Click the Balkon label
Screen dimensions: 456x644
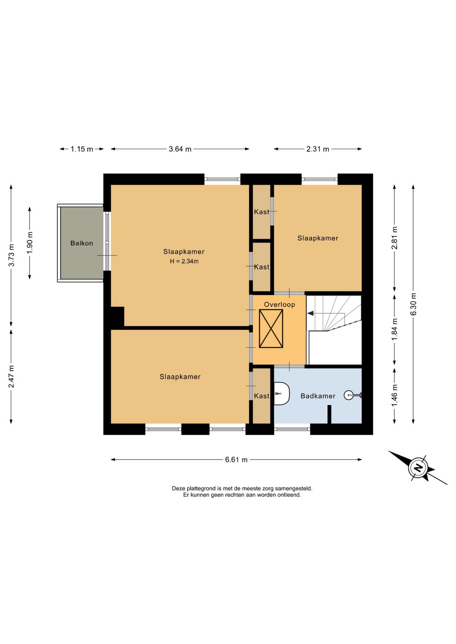click(82, 243)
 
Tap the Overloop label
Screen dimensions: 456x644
click(280, 304)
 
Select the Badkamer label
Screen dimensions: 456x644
click(318, 396)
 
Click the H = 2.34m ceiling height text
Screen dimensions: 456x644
click(184, 261)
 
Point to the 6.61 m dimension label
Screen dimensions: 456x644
click(236, 460)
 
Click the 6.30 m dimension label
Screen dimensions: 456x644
click(413, 304)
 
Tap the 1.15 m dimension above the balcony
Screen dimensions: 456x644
click(82, 149)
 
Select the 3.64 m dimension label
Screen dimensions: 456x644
click(180, 149)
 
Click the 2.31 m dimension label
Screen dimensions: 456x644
click(318, 149)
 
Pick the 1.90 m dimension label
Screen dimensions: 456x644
click(30, 243)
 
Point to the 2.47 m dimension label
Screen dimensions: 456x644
click(11, 376)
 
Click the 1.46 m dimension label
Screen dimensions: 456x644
click(394, 395)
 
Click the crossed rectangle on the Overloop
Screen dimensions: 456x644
click(271, 328)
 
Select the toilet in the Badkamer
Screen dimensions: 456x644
click(282, 393)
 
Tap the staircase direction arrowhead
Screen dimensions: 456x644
click(310, 314)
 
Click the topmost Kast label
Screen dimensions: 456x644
click(261, 212)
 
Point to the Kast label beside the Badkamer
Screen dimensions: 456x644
click(261, 396)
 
